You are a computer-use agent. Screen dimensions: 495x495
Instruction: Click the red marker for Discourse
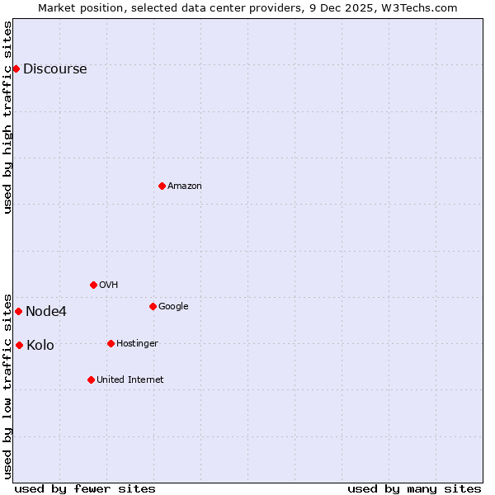(16, 68)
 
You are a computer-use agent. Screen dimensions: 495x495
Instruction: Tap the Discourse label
(54, 69)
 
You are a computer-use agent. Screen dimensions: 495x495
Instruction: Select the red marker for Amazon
(162, 186)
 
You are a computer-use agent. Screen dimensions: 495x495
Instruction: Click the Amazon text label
(184, 186)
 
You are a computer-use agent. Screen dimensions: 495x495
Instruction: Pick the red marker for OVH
(93, 285)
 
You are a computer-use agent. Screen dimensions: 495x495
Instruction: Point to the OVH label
(108, 285)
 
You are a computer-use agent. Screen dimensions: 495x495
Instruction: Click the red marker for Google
(153, 306)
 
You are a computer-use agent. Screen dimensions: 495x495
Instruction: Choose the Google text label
(173, 307)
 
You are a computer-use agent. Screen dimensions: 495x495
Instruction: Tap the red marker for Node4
(18, 311)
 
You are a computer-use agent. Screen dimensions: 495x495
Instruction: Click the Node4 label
(46, 312)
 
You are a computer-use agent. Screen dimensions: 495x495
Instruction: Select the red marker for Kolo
(19, 345)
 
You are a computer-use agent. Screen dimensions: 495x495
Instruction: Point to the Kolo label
(40, 346)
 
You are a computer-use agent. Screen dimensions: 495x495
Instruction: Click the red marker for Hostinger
(111, 343)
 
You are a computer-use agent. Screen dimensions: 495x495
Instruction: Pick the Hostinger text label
(137, 344)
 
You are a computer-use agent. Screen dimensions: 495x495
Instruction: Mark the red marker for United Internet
(91, 379)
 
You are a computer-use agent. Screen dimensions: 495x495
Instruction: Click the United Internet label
(130, 380)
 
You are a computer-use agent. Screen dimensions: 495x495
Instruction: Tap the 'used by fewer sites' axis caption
(85, 488)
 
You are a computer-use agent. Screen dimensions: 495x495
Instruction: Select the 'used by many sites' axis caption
(414, 488)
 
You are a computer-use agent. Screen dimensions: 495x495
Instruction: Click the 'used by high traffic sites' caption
(8, 117)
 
